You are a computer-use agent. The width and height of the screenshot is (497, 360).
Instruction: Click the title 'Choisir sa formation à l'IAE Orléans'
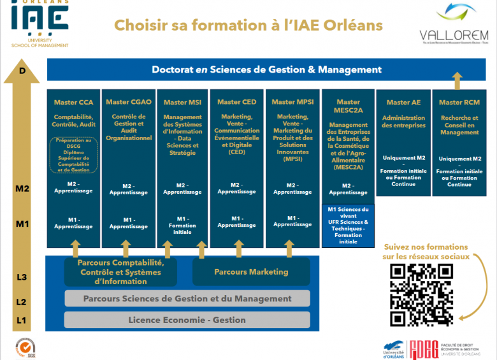(x=248, y=25)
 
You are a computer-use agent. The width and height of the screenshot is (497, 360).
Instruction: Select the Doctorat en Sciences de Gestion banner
(x=266, y=69)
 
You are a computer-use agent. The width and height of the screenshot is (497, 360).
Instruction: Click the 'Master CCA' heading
(x=73, y=102)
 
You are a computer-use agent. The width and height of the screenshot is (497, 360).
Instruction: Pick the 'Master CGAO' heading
(x=129, y=102)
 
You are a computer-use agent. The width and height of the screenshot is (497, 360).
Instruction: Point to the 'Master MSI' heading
(x=183, y=102)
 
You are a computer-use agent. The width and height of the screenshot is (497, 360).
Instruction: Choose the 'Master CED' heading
(x=237, y=102)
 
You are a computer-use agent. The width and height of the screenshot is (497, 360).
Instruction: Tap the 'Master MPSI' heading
(x=292, y=102)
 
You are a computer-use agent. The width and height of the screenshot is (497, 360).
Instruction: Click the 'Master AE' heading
(x=403, y=102)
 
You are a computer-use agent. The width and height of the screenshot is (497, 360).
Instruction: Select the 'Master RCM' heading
(x=459, y=102)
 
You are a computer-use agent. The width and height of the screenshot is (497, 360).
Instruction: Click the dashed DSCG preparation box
(x=73, y=155)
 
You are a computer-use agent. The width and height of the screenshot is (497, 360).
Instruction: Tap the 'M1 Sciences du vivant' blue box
(x=349, y=224)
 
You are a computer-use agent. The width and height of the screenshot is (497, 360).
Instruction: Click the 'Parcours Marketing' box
(x=251, y=272)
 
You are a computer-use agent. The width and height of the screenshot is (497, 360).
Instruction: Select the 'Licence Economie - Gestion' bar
(x=187, y=320)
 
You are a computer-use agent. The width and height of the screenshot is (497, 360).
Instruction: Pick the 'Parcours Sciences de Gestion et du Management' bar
(x=187, y=298)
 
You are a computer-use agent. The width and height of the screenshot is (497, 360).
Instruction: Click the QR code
(x=421, y=294)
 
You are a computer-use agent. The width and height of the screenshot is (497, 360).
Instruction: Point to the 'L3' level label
(x=22, y=277)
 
